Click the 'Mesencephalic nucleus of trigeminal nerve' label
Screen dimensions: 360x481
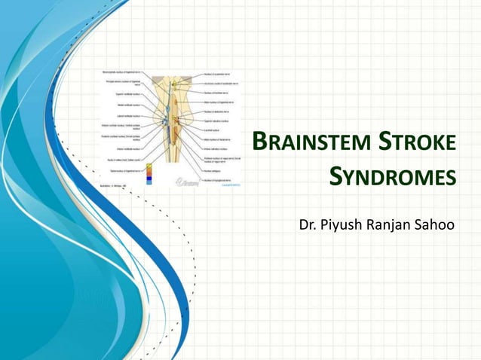click(120, 72)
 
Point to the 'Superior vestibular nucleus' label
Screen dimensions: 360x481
click(125, 94)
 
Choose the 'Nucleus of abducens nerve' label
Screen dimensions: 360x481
click(222, 110)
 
